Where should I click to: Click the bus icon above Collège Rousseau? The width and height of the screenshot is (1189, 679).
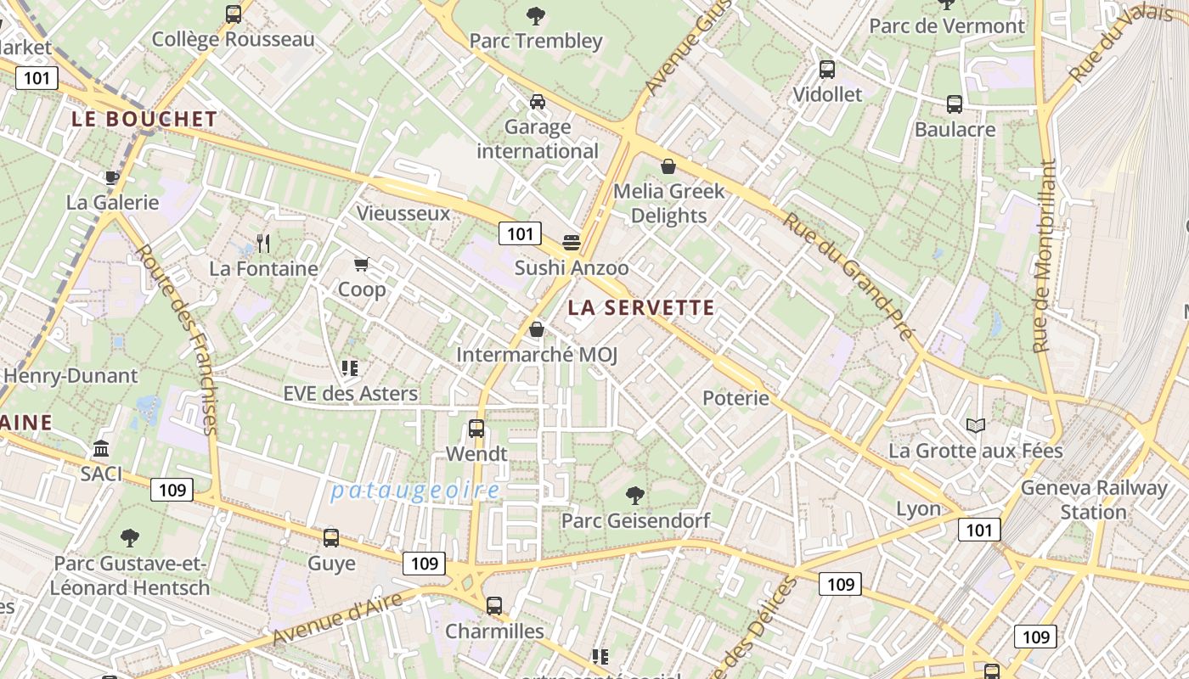point(234,14)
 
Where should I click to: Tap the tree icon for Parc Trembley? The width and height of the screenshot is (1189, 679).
point(536,14)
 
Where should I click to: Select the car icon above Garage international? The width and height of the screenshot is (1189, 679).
point(538,102)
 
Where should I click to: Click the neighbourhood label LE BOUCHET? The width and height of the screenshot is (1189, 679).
point(144,119)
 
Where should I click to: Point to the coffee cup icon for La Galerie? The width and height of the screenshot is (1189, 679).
point(111,177)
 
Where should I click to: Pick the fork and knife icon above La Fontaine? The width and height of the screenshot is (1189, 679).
point(263,244)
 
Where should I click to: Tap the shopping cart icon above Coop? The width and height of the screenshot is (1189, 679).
point(362,265)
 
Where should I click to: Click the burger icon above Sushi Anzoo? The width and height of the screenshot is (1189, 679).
point(572,243)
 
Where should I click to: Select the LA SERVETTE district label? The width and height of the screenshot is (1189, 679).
point(641,308)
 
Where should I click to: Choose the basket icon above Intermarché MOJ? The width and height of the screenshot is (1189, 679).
point(537,329)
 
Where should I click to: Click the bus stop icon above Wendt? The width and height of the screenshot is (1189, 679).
point(476,429)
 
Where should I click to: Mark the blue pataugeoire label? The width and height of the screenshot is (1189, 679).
point(415,491)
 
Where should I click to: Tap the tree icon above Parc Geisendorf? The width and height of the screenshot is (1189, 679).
point(635,495)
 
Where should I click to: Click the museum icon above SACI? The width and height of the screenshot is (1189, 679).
point(101,448)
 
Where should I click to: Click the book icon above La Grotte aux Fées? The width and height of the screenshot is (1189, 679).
point(976,425)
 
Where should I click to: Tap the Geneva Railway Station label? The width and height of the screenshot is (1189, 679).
point(1094,500)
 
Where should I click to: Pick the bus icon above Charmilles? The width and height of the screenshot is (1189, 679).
point(494,606)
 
